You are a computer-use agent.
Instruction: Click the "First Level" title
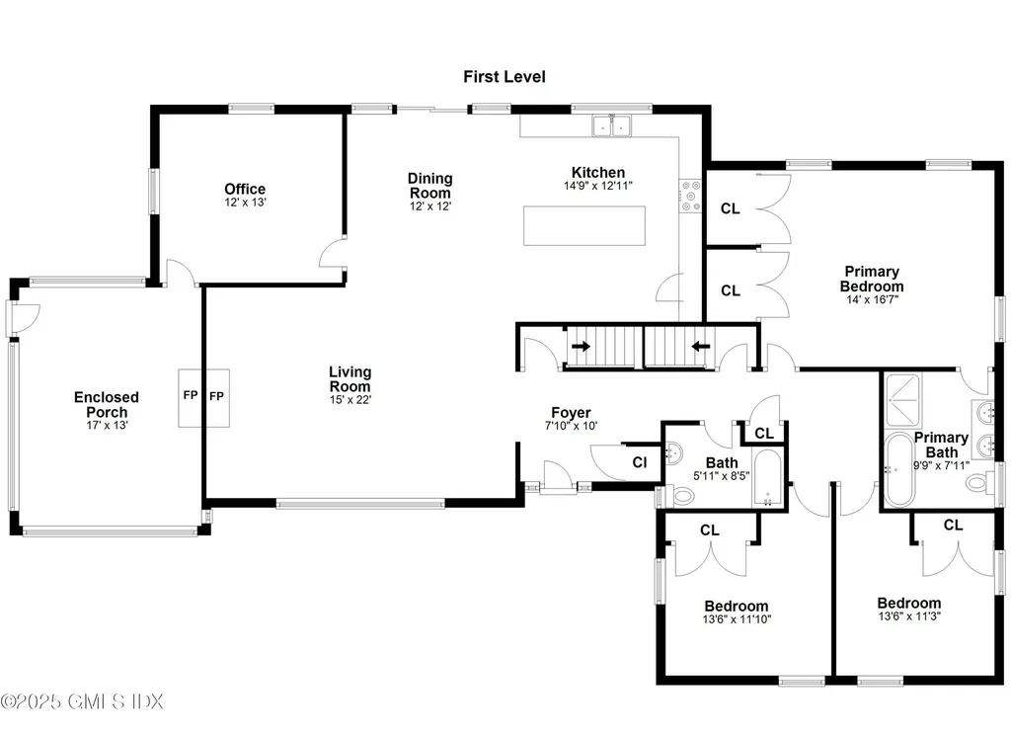[x=505, y=76]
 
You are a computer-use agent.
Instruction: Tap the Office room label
[x=245, y=189]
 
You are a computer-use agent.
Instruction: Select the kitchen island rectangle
[x=585, y=224]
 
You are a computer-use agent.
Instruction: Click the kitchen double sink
[x=612, y=125]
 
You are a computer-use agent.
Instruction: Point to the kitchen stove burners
[x=689, y=196]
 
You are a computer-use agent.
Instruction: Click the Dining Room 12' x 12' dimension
[x=429, y=206]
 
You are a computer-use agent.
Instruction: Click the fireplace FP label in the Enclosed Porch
[x=191, y=397]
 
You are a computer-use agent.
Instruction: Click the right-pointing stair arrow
[x=581, y=347]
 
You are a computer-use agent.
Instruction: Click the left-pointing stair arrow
[x=700, y=347]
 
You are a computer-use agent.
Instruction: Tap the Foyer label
[x=571, y=413]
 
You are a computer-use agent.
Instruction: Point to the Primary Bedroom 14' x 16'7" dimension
[x=871, y=299]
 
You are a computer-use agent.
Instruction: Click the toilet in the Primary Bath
[x=979, y=483]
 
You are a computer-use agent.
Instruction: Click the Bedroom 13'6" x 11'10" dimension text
[x=737, y=619]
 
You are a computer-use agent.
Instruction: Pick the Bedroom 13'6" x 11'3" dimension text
[x=908, y=617]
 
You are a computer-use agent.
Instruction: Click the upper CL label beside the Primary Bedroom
[x=731, y=208]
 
